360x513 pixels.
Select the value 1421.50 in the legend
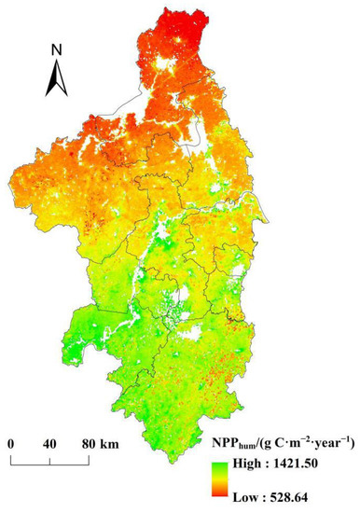click(311, 464)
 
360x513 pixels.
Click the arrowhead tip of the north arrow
click(56, 62)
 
